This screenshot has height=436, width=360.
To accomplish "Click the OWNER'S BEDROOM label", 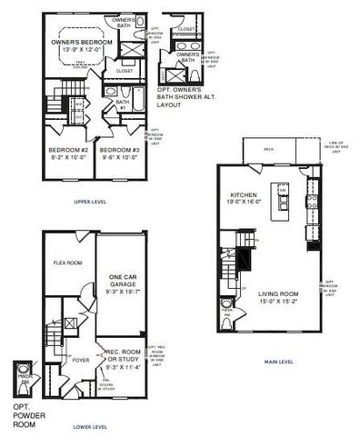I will pyautogui.click(x=81, y=42).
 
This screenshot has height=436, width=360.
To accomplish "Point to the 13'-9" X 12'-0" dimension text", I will pyautogui.click(x=81, y=50).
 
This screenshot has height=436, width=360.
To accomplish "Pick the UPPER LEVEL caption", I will pyautogui.click(x=90, y=202).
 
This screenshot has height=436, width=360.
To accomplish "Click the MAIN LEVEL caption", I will pyautogui.click(x=279, y=362).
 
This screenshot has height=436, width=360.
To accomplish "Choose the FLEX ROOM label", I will pyautogui.click(x=69, y=262).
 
